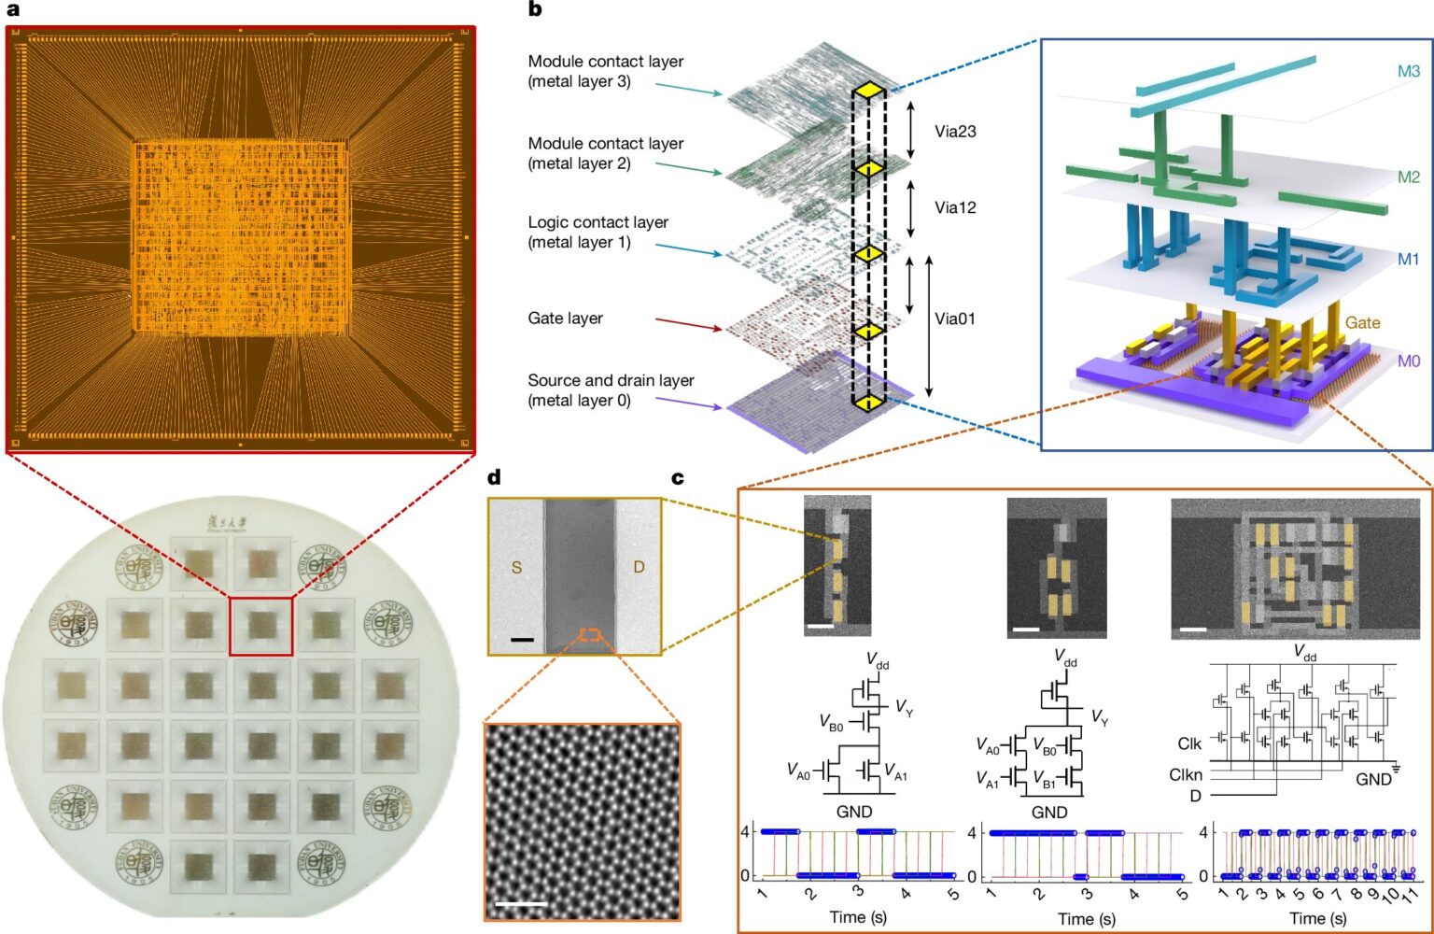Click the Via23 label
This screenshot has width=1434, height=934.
pos(955,132)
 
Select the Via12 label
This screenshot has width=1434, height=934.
pos(955,207)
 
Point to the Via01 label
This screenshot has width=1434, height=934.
pos(955,318)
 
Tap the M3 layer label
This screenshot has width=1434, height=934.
pos(1408,71)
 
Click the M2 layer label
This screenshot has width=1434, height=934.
pos(1408,177)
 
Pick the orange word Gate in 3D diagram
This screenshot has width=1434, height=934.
pos(1362,322)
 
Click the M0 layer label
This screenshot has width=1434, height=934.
pos(1408,361)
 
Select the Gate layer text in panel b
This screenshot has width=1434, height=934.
pos(565,318)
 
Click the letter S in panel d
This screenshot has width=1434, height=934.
pos(516,567)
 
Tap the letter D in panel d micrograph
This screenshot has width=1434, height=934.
pos(639,567)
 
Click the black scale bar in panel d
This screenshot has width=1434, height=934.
pos(522,640)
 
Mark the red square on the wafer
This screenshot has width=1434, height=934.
pos(260,627)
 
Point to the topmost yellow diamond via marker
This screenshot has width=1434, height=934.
pos(868,90)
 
